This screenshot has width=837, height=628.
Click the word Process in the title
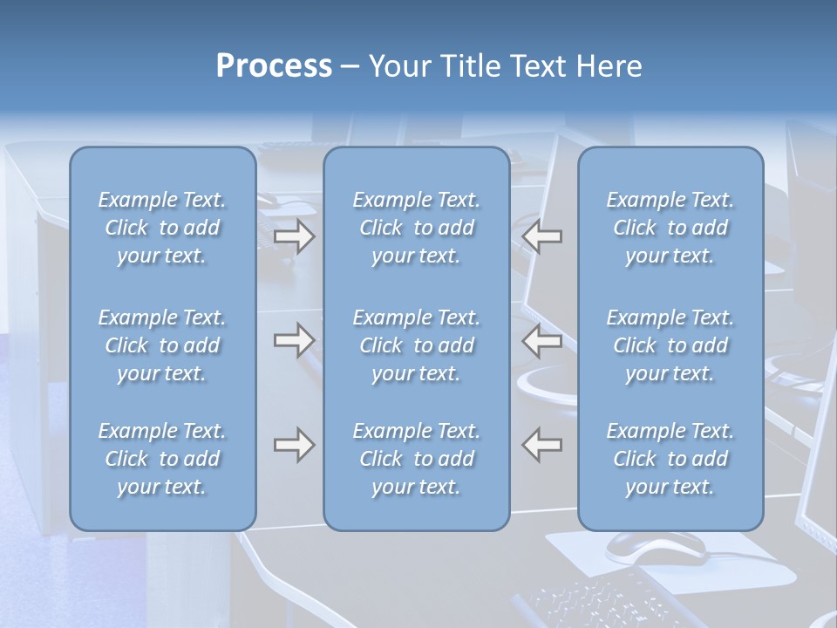click(x=274, y=66)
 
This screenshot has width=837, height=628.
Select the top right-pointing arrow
click(x=294, y=236)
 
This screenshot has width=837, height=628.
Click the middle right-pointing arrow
click(x=294, y=340)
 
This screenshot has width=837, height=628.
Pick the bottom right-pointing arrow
click(x=294, y=445)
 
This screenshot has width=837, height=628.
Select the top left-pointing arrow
click(x=542, y=236)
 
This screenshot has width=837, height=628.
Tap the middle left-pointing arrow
click(x=542, y=340)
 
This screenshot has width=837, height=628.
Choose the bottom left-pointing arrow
click(x=542, y=445)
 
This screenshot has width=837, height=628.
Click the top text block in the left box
click(x=162, y=228)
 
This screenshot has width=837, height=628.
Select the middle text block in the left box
click(x=162, y=345)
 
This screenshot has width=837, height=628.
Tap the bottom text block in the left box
click(x=162, y=459)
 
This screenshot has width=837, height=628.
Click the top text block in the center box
click(x=417, y=228)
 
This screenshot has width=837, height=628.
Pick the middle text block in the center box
click(x=417, y=345)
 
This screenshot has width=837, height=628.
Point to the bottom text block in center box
click(x=417, y=459)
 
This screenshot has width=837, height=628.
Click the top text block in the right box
click(x=670, y=228)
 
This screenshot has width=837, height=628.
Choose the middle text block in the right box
click(x=670, y=345)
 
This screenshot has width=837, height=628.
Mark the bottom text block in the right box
click(x=670, y=459)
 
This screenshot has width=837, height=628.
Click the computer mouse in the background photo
click(x=656, y=546)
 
